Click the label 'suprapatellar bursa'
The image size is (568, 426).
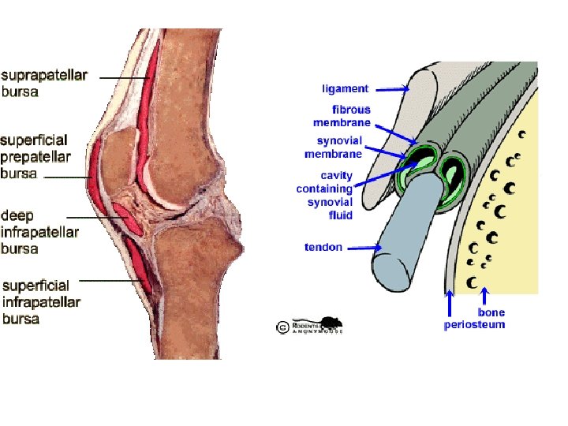[x=43, y=83]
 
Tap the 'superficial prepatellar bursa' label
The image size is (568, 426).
[x=35, y=156]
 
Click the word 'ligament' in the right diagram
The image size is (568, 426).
[x=345, y=88]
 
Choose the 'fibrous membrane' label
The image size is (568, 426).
[x=342, y=116]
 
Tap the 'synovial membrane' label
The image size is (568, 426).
[x=334, y=147]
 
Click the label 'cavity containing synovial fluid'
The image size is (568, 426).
[x=325, y=195]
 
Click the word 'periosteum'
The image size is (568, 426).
[x=474, y=324]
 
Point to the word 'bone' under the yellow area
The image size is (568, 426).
[x=491, y=313]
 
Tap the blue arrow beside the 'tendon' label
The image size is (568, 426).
[x=364, y=247]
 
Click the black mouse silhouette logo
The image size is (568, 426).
[x=331, y=324]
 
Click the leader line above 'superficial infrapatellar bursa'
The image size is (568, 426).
[x=110, y=279]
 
